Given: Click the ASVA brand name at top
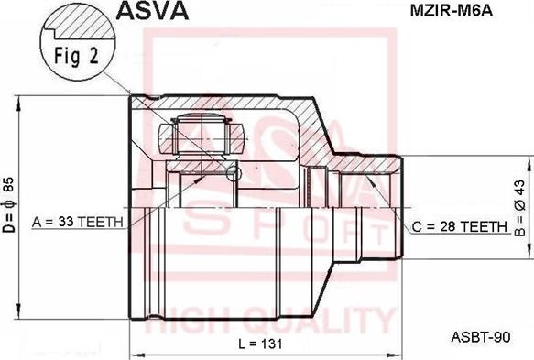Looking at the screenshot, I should pos(151,12).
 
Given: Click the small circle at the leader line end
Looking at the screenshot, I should pos(234,173).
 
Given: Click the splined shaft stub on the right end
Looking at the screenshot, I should pos(380,209).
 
